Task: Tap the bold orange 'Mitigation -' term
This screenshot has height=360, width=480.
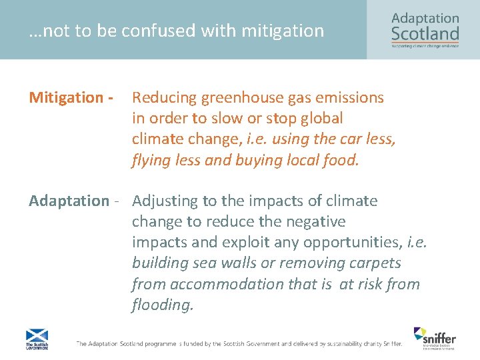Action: click(69, 98)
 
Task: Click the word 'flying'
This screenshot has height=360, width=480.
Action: click(151, 160)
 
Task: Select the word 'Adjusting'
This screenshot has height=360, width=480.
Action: click(164, 201)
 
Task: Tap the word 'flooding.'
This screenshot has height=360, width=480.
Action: click(163, 305)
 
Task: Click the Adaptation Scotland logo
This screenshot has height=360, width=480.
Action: click(425, 29)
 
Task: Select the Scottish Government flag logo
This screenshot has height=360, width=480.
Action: click(37, 339)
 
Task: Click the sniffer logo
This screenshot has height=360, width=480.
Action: click(434, 337)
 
